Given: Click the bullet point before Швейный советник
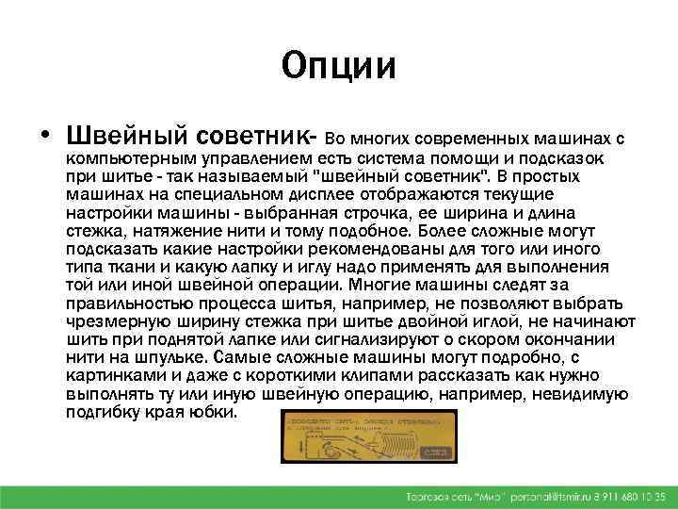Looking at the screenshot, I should coord(44,129).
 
